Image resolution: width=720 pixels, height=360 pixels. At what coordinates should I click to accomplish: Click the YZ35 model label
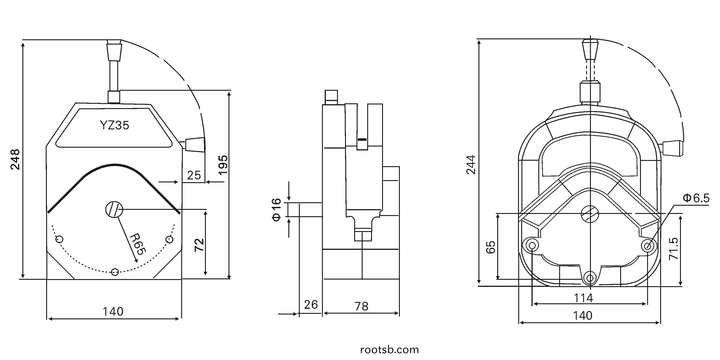115,125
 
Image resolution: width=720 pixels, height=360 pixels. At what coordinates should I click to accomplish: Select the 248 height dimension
15,160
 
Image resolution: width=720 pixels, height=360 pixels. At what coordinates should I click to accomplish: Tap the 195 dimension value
223,165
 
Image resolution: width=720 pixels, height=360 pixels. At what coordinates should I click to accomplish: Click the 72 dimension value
199,245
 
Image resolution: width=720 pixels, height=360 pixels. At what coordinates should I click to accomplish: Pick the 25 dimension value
194,175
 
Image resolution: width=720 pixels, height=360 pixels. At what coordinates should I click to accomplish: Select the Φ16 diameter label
276,210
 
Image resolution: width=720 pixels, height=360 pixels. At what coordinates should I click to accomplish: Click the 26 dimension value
311,305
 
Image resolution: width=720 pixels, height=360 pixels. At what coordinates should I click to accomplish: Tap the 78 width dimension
361,306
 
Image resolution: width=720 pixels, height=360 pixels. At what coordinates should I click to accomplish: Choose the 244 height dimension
471,165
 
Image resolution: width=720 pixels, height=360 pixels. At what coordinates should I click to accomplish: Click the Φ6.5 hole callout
696,198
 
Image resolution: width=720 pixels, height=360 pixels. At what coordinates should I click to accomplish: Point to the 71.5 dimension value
673,249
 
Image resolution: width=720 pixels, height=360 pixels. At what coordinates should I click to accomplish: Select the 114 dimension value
583,298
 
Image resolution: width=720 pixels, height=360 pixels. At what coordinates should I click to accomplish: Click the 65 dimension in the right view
491,247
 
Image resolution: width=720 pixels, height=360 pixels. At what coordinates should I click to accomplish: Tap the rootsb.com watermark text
390,350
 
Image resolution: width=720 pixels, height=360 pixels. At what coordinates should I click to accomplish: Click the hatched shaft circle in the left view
114,209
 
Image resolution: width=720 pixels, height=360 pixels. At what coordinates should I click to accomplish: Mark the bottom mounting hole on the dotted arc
115,272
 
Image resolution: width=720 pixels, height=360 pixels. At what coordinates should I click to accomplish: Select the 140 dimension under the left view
113,311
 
